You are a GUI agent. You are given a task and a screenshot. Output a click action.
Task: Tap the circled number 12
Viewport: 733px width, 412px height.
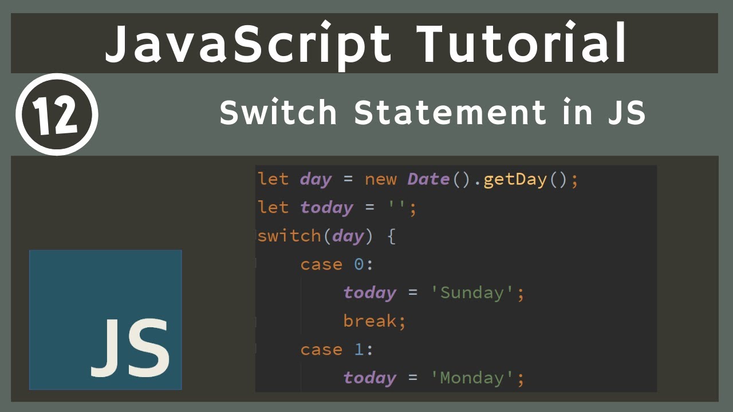coord(57,114)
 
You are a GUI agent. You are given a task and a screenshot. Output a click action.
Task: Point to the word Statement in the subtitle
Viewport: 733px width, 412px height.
coord(450,112)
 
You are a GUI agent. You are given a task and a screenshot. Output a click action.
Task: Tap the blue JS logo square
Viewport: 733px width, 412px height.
coord(105,319)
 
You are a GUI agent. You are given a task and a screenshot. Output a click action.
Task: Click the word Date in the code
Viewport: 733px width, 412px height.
coord(428,179)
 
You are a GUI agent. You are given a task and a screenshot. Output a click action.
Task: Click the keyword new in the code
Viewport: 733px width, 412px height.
coord(381,179)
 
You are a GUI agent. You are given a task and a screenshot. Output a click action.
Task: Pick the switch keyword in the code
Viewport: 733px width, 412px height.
coord(289,236)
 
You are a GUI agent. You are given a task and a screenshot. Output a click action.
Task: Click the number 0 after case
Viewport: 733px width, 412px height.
coord(358,264)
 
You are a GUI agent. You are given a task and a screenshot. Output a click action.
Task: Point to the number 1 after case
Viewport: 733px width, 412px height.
coord(358,349)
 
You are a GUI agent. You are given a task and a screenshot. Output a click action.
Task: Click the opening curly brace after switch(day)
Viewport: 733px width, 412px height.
coord(391,236)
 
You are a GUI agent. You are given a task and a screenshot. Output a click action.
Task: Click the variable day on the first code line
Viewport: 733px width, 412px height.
coord(316,180)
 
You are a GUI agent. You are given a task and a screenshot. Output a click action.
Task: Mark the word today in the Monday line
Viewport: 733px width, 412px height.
coord(370,378)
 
